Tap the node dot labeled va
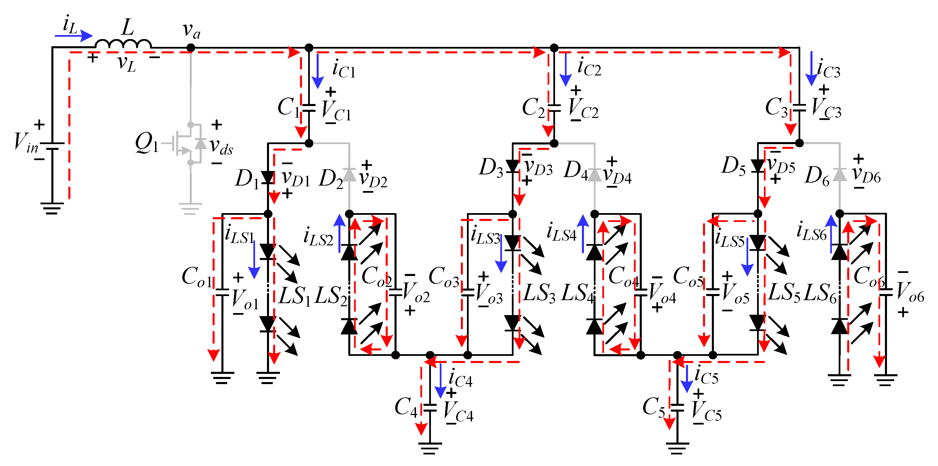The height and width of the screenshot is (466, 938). tap(190, 48)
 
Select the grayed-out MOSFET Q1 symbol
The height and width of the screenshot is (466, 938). tap(186, 143)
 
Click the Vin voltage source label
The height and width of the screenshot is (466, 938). tap(26, 143)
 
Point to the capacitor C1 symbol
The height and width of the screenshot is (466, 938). tap(309, 108)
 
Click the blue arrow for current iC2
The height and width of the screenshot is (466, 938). tap(565, 69)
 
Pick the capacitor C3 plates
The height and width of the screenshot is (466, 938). tap(799, 108)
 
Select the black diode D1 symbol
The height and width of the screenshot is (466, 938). tap(268, 178)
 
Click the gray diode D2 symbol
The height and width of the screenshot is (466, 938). tap(350, 175)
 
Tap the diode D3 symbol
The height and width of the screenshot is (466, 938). tap(513, 166)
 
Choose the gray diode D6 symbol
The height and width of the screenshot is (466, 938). tap(840, 175)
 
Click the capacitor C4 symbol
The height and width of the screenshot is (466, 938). tap(430, 408)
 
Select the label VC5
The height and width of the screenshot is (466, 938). tap(706, 413)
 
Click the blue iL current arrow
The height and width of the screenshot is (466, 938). tap(74, 36)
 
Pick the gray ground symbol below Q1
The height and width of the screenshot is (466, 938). tap(190, 208)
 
